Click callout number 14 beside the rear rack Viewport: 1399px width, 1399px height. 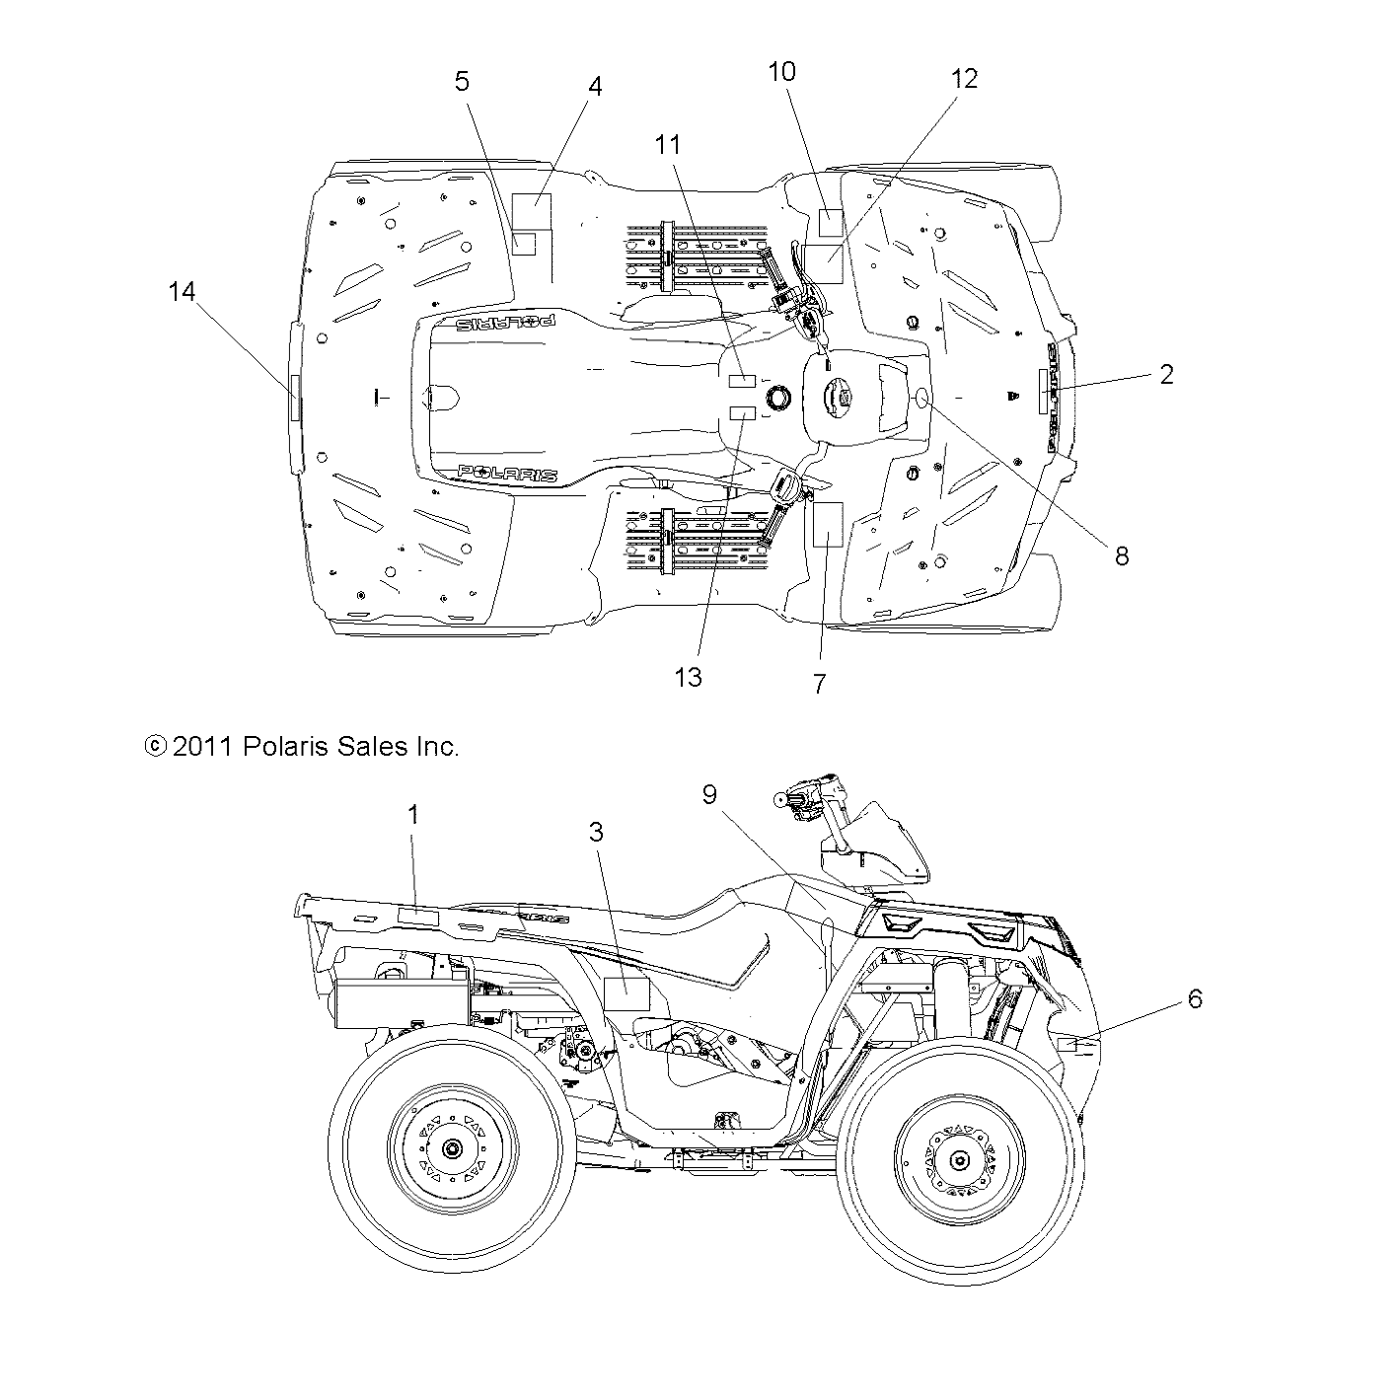tap(182, 292)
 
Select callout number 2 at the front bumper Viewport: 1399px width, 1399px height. tap(1166, 374)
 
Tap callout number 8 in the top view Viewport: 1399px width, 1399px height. tap(1121, 556)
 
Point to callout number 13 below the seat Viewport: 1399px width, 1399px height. tap(689, 677)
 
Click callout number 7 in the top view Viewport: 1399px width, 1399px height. tap(819, 684)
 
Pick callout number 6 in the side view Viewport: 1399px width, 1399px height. tap(1195, 998)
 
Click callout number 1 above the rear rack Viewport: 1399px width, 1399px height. tap(413, 814)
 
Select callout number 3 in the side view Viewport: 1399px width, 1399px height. tap(595, 832)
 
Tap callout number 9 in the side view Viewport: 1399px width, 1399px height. tap(709, 794)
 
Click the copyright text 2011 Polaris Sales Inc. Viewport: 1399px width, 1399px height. tap(302, 747)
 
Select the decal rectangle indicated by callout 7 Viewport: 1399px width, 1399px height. tap(824, 524)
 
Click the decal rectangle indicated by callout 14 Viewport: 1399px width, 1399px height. tap(294, 399)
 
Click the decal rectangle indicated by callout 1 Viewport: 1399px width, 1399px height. tap(417, 918)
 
